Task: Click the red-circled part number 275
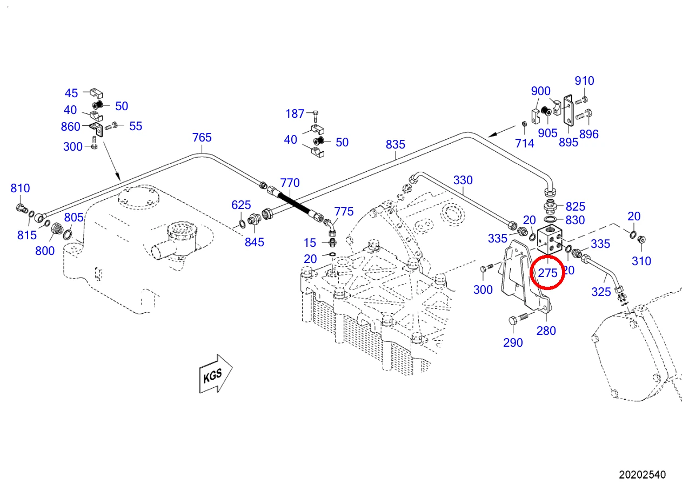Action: pyautogui.click(x=547, y=273)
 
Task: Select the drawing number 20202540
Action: pyautogui.click(x=642, y=475)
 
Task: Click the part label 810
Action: pyautogui.click(x=20, y=188)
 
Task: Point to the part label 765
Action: pyautogui.click(x=202, y=137)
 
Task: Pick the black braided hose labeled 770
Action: pyautogui.click(x=295, y=204)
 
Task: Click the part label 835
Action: pyautogui.click(x=395, y=144)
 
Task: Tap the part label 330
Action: pyautogui.click(x=463, y=180)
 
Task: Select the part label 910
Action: pyautogui.click(x=584, y=81)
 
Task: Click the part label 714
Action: pyautogui.click(x=524, y=143)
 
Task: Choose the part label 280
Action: pyautogui.click(x=546, y=331)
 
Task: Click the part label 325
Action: pyautogui.click(x=601, y=292)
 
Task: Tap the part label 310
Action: pyautogui.click(x=641, y=261)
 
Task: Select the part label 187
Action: pyautogui.click(x=295, y=114)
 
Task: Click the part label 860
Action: pyautogui.click(x=70, y=126)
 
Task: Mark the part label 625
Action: pyautogui.click(x=241, y=205)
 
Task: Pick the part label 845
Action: pyautogui.click(x=255, y=242)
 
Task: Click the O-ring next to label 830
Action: pyautogui.click(x=550, y=219)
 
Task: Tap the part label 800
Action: pyautogui.click(x=45, y=251)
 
